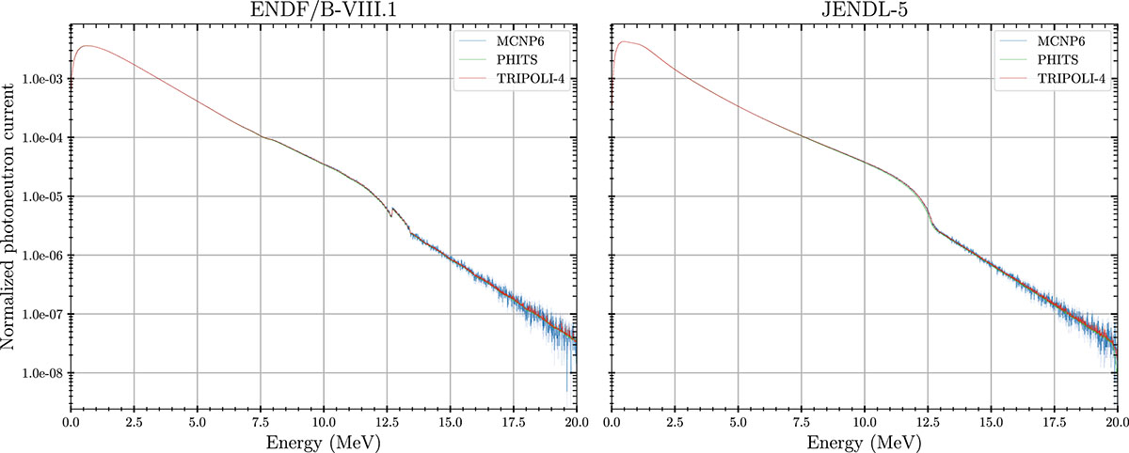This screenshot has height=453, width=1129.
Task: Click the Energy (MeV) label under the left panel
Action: click(x=323, y=442)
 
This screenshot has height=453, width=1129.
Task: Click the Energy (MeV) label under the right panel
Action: click(x=864, y=442)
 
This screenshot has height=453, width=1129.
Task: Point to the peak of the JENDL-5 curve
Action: click(x=622, y=41)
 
